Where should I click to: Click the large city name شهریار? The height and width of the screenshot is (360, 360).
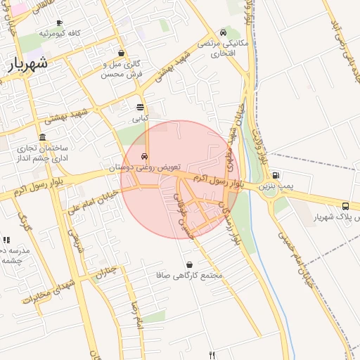click(29, 63)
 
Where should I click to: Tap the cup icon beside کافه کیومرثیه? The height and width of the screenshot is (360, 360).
click(59, 22)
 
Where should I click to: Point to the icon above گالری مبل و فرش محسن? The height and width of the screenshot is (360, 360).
click(122, 53)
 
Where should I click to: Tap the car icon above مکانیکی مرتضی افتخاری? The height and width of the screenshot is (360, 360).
click(223, 32)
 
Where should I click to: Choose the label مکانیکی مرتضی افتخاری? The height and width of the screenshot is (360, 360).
click(223, 48)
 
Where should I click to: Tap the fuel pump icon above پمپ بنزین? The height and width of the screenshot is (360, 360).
click(276, 176)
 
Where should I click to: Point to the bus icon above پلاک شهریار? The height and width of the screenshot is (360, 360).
click(345, 206)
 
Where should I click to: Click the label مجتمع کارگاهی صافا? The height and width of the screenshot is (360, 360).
click(189, 275)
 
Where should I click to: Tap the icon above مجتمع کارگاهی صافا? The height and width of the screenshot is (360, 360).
click(189, 264)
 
